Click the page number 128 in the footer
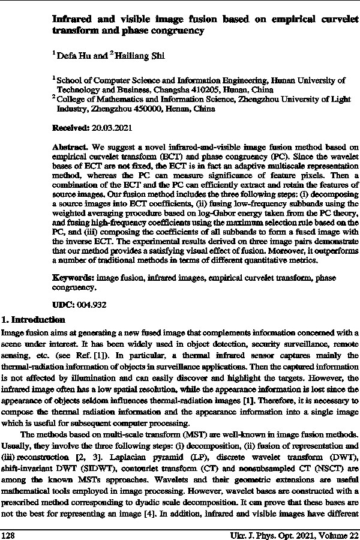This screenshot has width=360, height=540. click(8, 533)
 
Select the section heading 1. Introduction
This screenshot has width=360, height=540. click(32, 319)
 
